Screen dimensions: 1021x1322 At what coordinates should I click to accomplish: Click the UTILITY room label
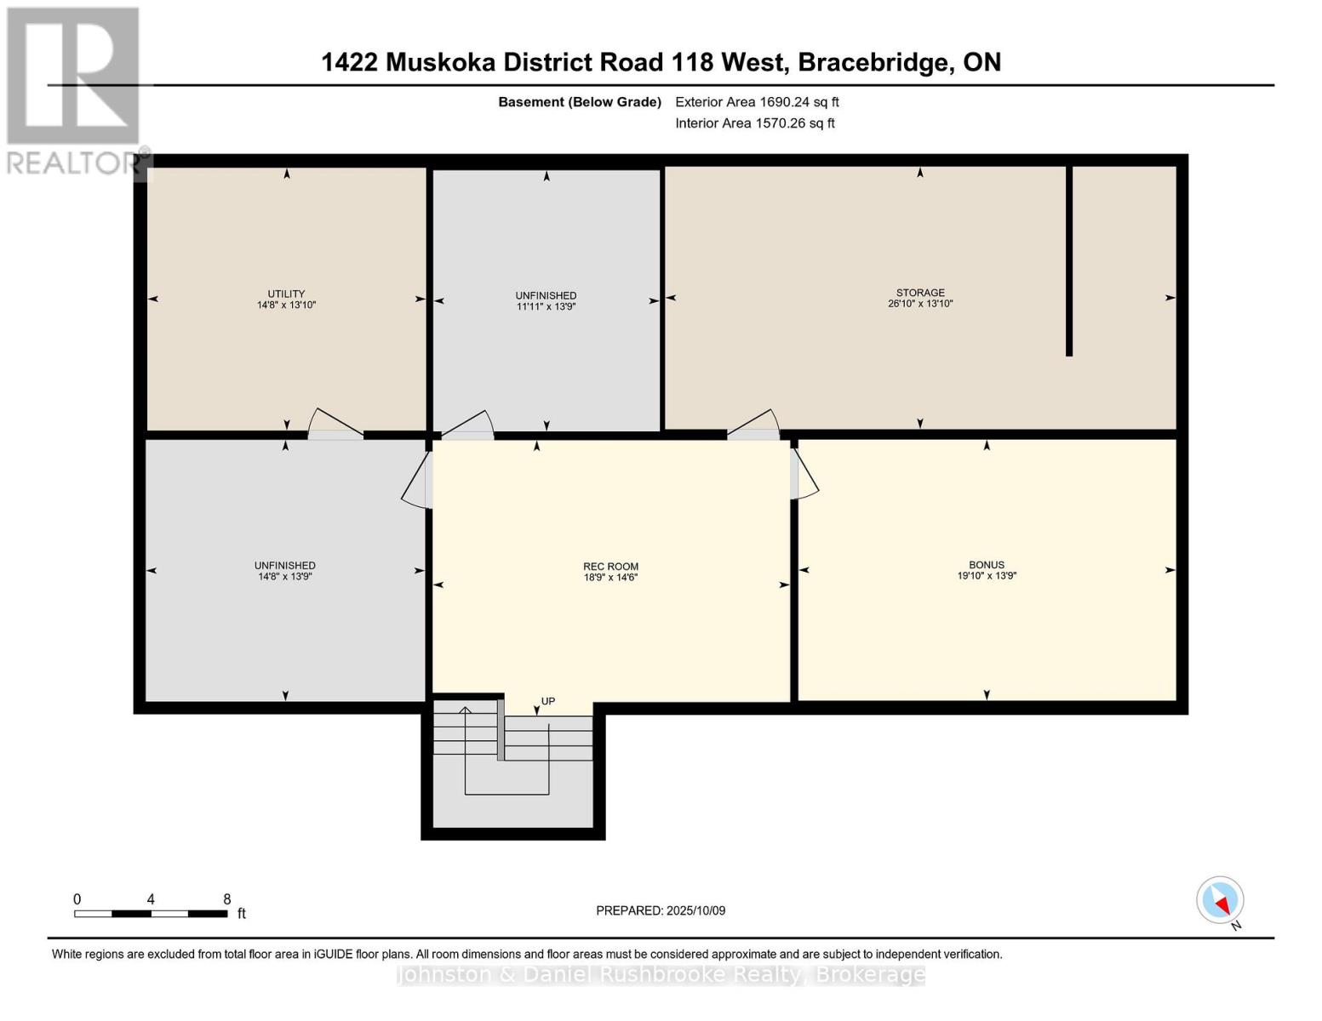click(x=286, y=294)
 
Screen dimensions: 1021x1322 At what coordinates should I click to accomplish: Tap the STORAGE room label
click(x=919, y=293)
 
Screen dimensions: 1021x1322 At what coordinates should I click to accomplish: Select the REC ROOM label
click(x=610, y=567)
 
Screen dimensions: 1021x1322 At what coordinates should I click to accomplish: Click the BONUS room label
click(x=986, y=565)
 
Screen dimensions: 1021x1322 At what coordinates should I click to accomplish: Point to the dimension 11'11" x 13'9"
click(x=546, y=306)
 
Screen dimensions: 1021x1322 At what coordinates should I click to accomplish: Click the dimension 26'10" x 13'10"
click(x=919, y=304)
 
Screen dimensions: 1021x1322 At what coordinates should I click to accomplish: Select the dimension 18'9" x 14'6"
click(x=610, y=578)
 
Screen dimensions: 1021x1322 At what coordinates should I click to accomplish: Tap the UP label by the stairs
click(x=548, y=702)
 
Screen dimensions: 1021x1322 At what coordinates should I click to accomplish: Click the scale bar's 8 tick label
click(x=227, y=899)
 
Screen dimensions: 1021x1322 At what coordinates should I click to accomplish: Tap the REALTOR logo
click(x=74, y=89)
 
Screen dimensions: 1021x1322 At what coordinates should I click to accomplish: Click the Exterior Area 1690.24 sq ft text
click(x=757, y=102)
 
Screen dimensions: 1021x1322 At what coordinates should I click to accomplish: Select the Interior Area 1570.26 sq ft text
click(x=754, y=123)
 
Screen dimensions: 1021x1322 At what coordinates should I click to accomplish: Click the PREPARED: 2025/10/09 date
click(x=661, y=910)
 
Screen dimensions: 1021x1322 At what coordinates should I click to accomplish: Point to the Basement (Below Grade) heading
click(x=580, y=102)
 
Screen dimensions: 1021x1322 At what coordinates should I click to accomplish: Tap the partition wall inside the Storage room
click(x=1069, y=260)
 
